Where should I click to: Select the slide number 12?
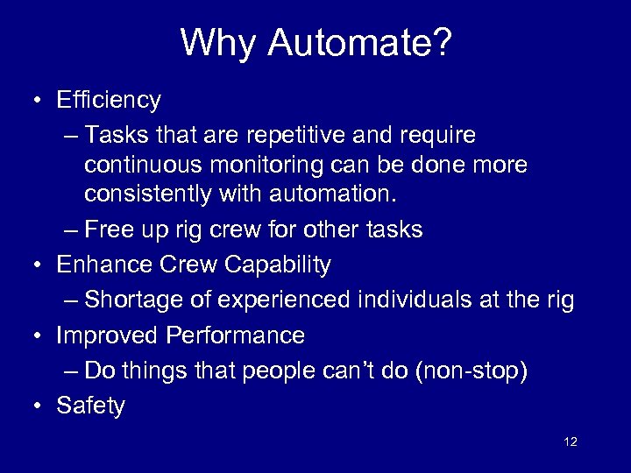571,441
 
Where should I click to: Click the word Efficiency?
108,101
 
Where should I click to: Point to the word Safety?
90,406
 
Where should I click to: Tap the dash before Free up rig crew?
71,230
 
